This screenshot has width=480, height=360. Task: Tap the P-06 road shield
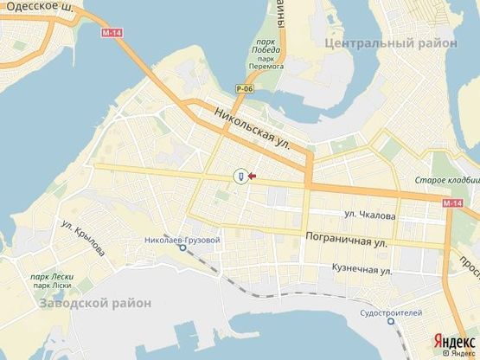(x=243, y=87)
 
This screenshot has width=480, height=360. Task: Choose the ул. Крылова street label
(x=83, y=237)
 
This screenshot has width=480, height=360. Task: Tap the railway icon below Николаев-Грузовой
(x=183, y=247)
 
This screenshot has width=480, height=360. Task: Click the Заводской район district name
(x=95, y=303)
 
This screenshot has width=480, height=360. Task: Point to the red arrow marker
(x=252, y=177)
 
